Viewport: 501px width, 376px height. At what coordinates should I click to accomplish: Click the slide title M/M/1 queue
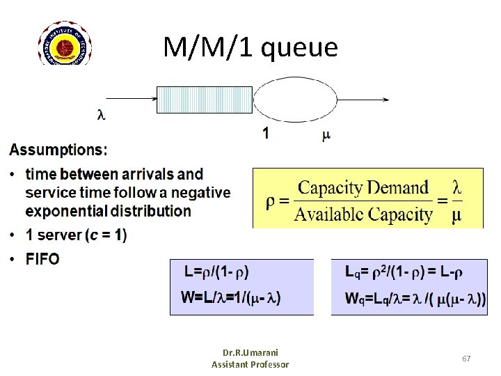250,47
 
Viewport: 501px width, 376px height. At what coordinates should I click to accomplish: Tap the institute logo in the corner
65,43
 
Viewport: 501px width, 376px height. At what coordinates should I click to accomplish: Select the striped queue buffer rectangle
204,100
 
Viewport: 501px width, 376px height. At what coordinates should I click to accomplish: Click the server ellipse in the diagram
294,100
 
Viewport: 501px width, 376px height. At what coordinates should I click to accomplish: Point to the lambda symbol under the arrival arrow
101,115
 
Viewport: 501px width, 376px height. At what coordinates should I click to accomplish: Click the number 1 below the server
266,133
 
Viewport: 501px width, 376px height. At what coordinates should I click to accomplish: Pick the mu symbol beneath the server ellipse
326,134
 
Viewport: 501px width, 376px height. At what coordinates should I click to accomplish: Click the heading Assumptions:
58,150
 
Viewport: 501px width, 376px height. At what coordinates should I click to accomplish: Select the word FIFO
42,259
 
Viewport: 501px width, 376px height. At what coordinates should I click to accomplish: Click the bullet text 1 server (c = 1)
76,235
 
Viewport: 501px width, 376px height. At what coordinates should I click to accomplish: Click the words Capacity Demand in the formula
363,188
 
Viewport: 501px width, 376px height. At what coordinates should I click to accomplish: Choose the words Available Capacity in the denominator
363,213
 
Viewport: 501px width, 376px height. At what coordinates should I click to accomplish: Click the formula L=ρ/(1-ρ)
216,272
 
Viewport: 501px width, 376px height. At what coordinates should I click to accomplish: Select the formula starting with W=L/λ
230,298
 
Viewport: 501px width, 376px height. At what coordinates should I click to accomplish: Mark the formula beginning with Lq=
405,272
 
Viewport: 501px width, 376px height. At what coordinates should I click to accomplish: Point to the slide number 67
466,358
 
